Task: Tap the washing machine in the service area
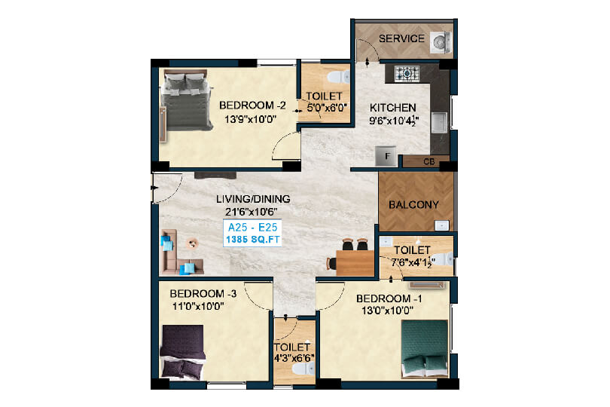tap(441, 41)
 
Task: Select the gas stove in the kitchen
tap(407, 73)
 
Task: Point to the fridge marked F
tap(386, 156)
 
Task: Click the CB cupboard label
tap(429, 161)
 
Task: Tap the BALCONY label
tap(413, 204)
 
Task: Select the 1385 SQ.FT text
tap(253, 240)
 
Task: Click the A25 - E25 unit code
tap(252, 227)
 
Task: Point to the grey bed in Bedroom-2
tap(186, 100)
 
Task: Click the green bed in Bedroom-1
tap(424, 348)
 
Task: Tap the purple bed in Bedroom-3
tap(183, 352)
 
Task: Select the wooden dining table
tap(355, 263)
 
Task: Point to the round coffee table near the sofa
tap(192, 243)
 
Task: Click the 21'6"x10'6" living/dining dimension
tap(251, 212)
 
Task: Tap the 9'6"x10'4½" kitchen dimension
tap(394, 121)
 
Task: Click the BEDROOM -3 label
tap(203, 294)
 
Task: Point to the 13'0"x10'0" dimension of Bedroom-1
tap(388, 311)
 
